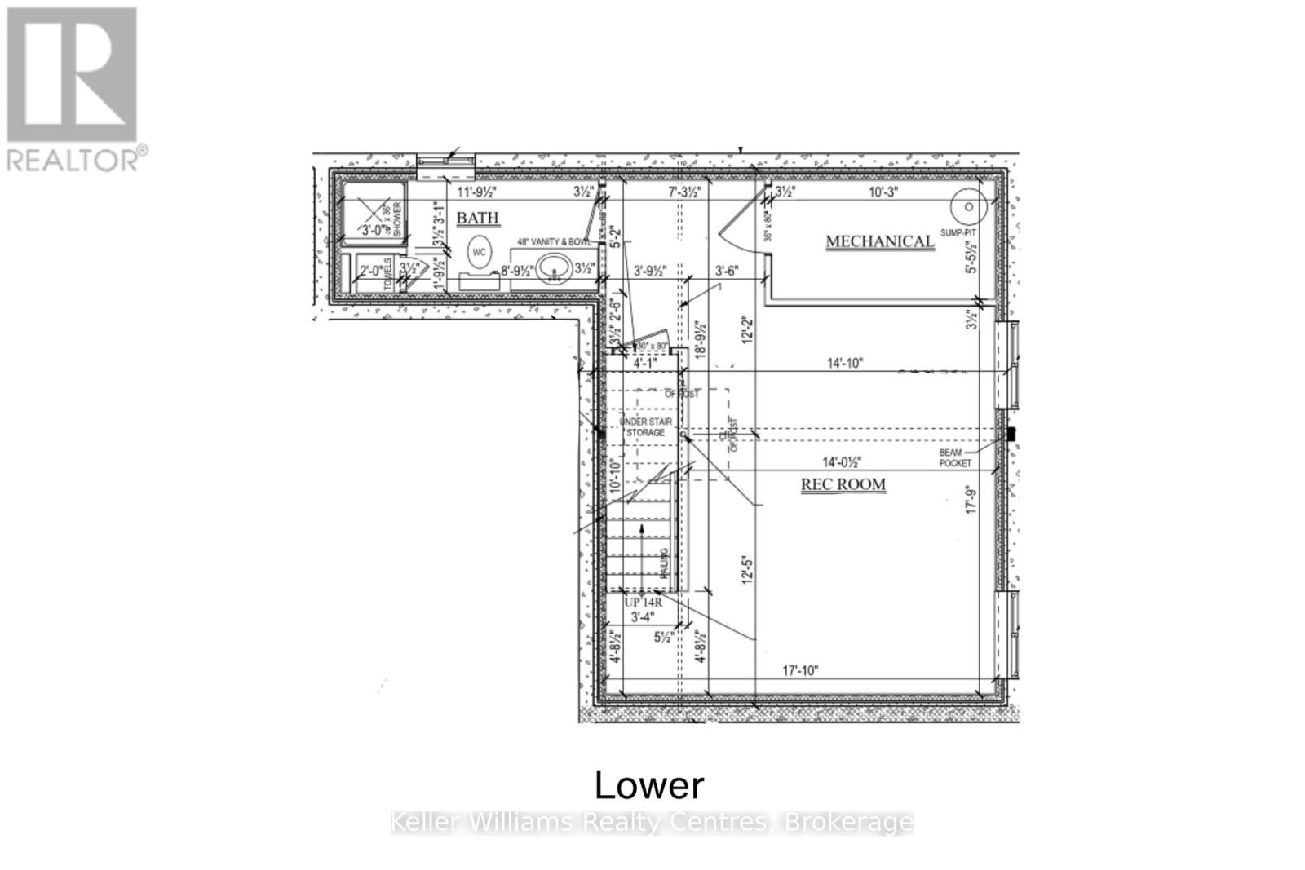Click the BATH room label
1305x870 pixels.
[x=477, y=219]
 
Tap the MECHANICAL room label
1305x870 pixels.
[x=879, y=241]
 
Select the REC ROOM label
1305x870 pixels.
[x=843, y=484]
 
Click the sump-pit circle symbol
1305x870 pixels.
[x=969, y=206]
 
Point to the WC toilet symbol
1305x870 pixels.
[x=479, y=252]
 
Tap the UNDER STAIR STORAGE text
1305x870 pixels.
[x=645, y=427]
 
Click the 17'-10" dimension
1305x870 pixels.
[x=800, y=671]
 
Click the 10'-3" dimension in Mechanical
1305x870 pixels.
[x=883, y=192]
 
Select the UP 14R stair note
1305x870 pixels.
[x=643, y=603]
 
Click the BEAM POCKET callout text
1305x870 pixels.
[x=954, y=457]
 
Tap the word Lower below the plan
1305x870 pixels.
[x=649, y=785]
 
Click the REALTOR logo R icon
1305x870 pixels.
[x=72, y=74]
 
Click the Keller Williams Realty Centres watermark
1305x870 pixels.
[x=652, y=822]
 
